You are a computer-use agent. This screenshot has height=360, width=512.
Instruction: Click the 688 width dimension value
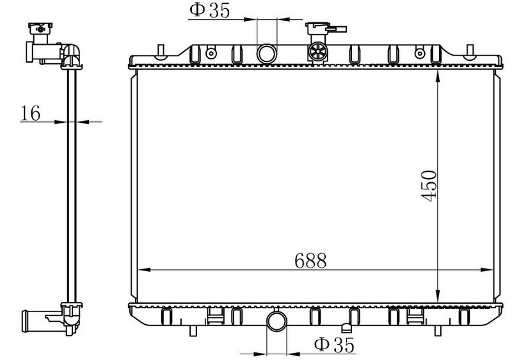click(310, 260)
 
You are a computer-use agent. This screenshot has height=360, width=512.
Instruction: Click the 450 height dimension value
click(428, 185)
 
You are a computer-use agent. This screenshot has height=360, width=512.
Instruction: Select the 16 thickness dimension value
click(30, 113)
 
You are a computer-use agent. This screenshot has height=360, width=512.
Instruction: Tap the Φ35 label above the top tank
click(210, 10)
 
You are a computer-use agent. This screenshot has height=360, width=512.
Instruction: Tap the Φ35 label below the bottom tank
click(334, 345)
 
